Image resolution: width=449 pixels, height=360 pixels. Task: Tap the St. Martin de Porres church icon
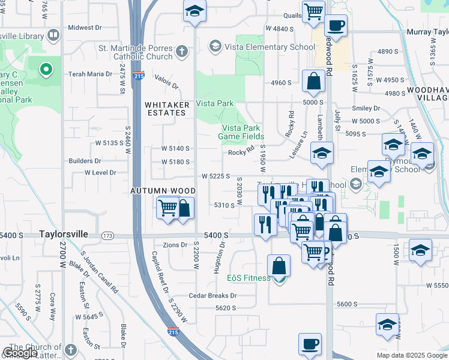pyautogui.click(x=182, y=52)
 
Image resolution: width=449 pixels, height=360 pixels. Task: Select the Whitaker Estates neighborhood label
pyautogui.click(x=167, y=109)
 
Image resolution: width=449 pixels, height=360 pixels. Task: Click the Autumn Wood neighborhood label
pyautogui.click(x=156, y=190)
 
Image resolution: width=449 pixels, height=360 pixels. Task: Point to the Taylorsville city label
pyautogui.click(x=65, y=235)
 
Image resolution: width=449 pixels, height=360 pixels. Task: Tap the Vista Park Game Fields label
pyautogui.click(x=241, y=132)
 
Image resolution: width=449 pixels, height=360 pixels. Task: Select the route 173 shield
pyautogui.click(x=108, y=235)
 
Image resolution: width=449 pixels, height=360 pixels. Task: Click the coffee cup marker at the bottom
pyautogui.click(x=310, y=344)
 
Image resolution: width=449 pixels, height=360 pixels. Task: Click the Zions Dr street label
pyautogui.click(x=175, y=245)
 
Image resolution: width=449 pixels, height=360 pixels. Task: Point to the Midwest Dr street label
pyautogui.click(x=85, y=28)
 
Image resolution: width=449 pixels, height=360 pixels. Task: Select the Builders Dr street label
pyautogui.click(x=85, y=161)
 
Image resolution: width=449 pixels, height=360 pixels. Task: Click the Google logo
pyautogui.click(x=20, y=353)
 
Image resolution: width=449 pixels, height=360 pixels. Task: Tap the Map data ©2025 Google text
pyautogui.click(x=411, y=355)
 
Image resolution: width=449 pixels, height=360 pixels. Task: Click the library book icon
pyautogui.click(x=53, y=35)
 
